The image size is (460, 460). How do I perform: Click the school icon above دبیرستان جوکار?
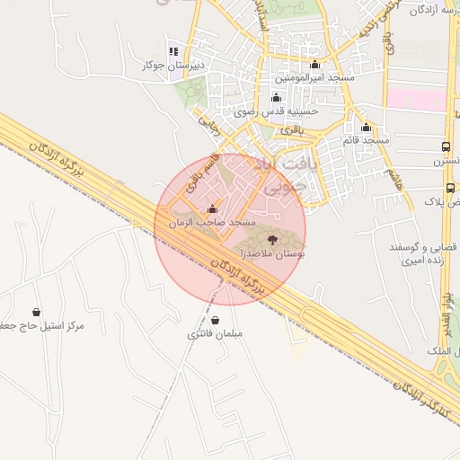tap(173, 52)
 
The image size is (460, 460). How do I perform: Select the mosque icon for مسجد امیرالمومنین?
tap(314, 65)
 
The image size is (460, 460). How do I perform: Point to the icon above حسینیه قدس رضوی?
tap(275, 98)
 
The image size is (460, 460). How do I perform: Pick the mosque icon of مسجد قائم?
tap(366, 127)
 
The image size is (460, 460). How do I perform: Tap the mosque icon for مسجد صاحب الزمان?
tap(212, 209)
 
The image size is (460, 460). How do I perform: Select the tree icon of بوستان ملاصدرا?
tap(271, 240)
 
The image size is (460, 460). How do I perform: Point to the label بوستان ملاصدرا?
tap(271, 255)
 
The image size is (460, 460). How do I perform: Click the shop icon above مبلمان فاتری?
tap(215, 320)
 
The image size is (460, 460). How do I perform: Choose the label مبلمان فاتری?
tap(215, 334)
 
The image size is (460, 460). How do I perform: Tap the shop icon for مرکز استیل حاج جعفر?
tap(36, 311)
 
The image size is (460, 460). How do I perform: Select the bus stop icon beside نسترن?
tap(447, 146)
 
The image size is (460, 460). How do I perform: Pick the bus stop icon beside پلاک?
tap(450, 189)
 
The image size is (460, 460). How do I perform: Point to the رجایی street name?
tap(208, 125)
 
